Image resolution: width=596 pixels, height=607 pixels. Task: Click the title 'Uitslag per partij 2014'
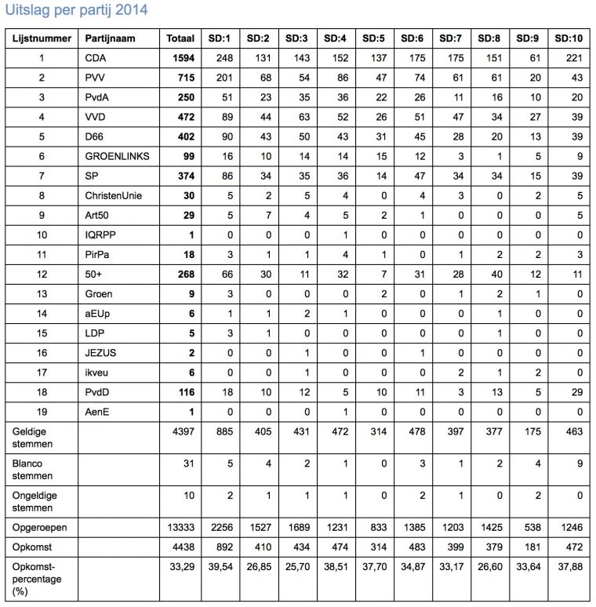click(x=76, y=11)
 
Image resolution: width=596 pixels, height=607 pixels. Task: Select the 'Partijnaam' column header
click(x=111, y=38)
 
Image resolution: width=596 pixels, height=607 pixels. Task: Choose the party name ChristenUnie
click(x=115, y=195)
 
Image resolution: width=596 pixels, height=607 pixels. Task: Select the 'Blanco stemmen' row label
click(x=27, y=469)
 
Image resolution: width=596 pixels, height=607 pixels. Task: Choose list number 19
click(x=43, y=411)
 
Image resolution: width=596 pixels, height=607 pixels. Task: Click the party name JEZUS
click(x=100, y=352)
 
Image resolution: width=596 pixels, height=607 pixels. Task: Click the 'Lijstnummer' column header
click(x=43, y=38)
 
